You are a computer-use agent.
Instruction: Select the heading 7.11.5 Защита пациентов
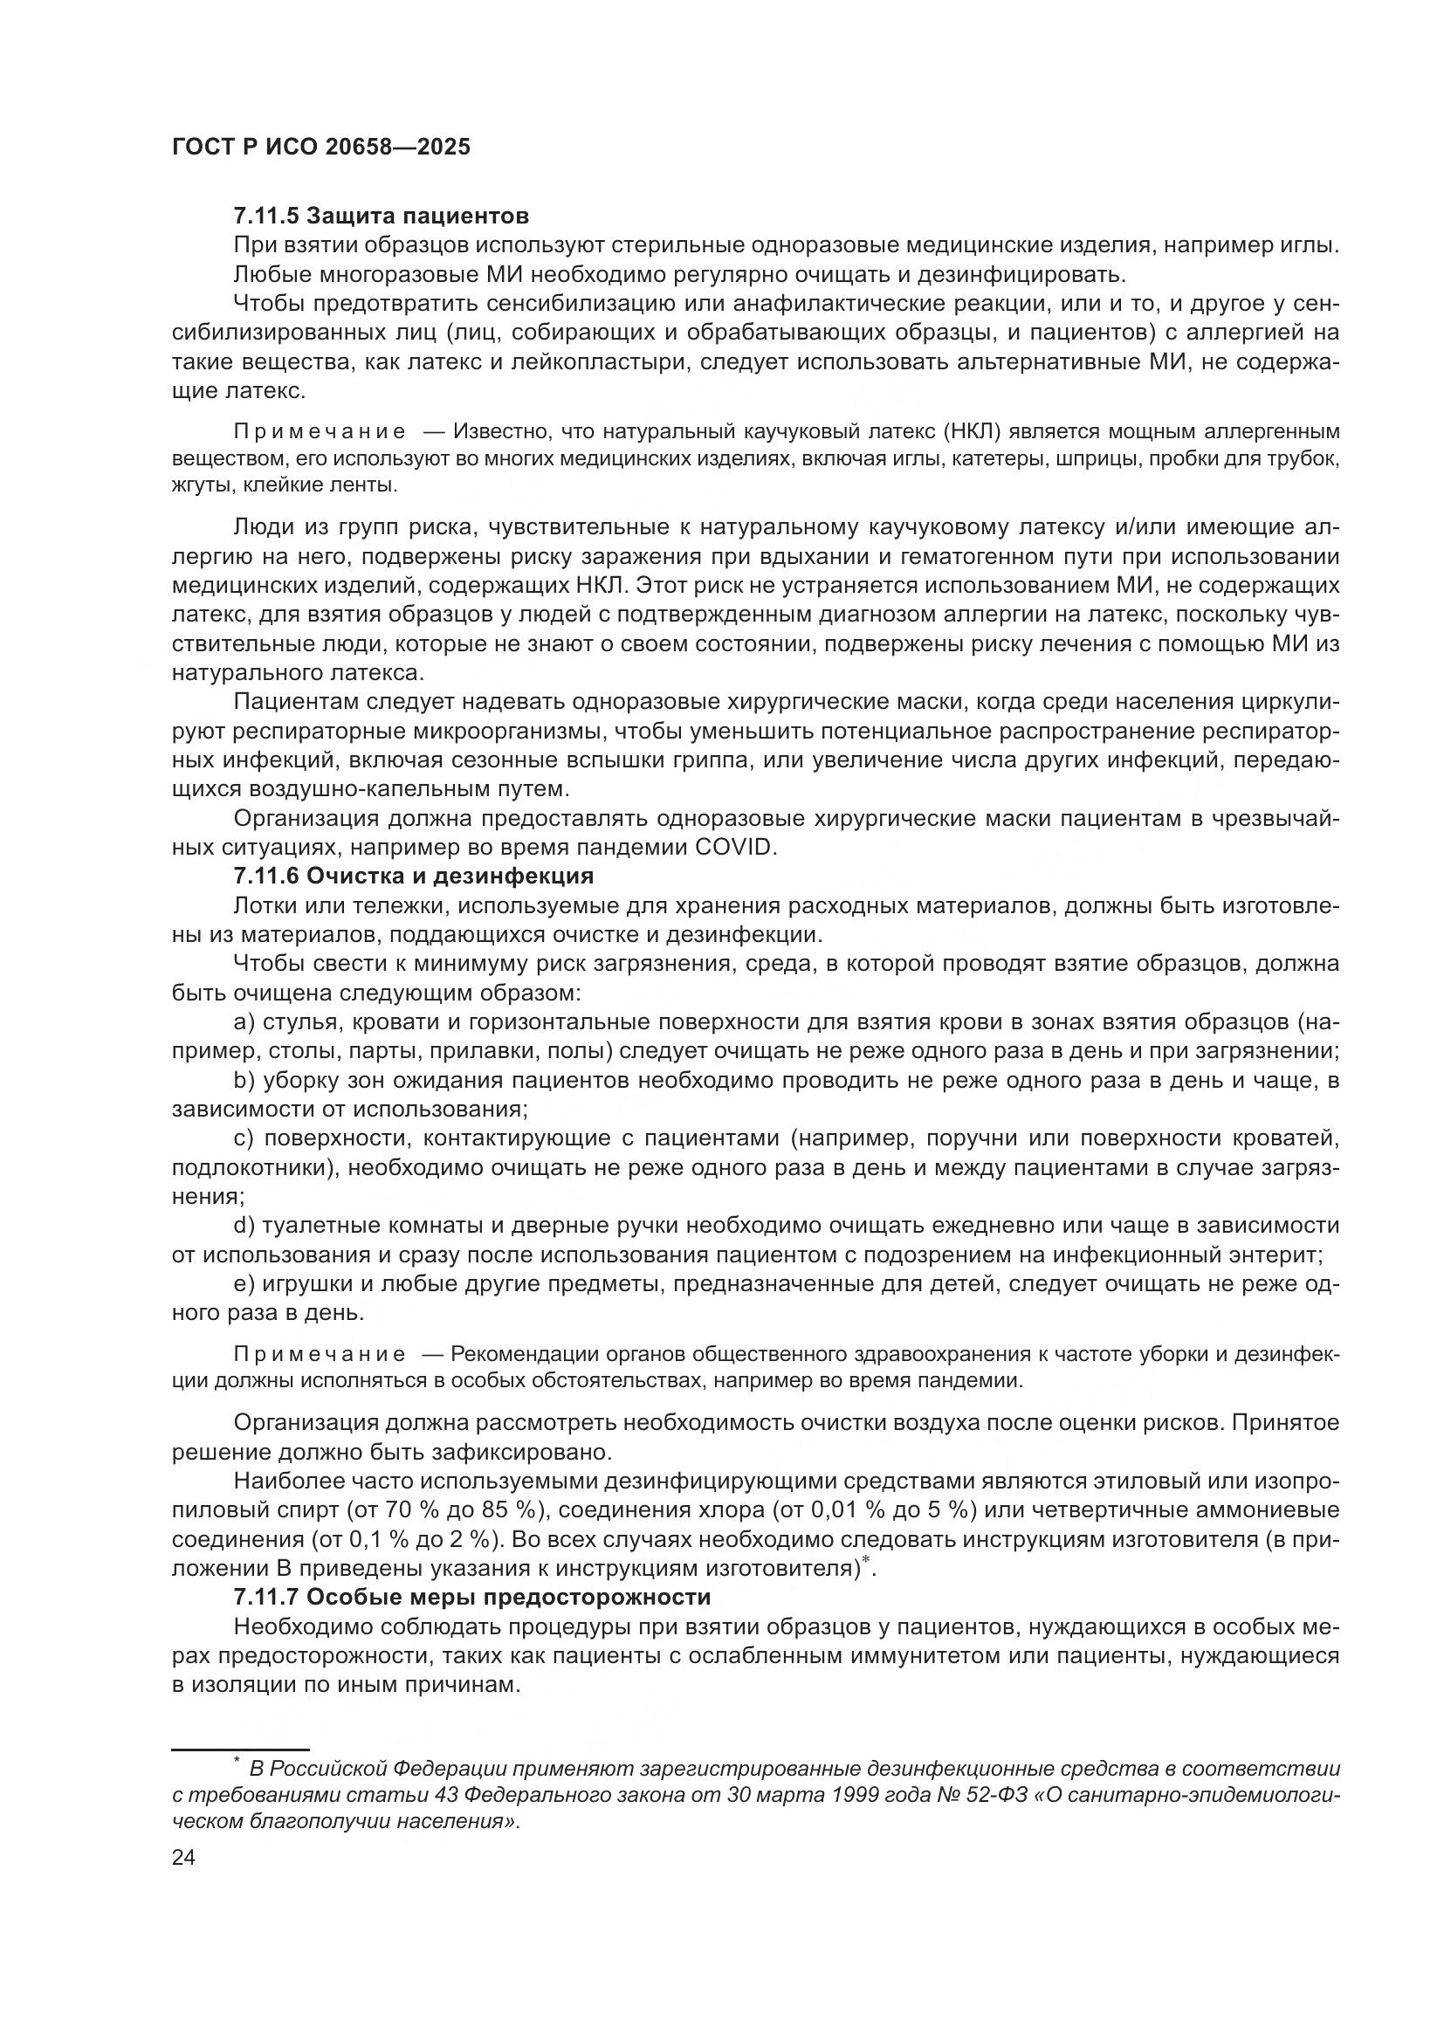[381, 217]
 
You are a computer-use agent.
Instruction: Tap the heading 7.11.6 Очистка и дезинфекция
[413, 876]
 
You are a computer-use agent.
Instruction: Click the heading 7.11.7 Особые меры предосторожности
[471, 1598]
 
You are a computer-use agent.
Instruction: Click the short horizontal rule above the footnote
[239, 1750]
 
